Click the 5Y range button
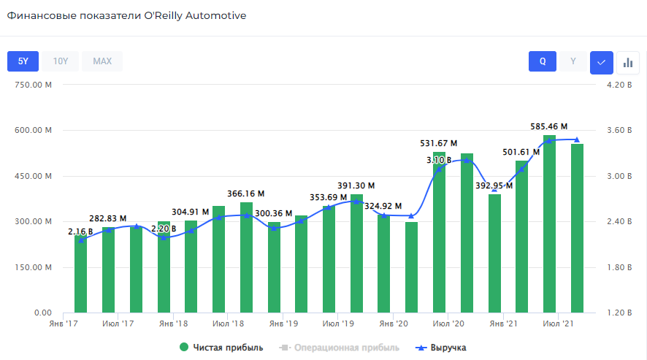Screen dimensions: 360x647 click(23, 61)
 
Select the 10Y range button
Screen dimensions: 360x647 click(61, 61)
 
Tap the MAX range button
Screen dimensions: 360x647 click(102, 61)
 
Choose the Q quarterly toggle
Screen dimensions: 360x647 click(543, 61)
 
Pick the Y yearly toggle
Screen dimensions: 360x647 click(573, 61)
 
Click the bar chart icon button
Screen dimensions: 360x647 click(627, 62)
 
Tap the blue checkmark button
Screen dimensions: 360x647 click(601, 62)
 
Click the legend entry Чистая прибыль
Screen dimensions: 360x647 click(221, 348)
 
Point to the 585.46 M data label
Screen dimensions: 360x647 click(549, 126)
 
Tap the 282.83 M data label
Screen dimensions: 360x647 click(108, 218)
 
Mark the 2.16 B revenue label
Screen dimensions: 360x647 click(80, 231)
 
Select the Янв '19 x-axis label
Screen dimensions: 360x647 click(283, 323)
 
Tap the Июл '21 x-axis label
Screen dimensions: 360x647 click(558, 323)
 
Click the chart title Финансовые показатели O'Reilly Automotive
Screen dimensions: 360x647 click(127, 15)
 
